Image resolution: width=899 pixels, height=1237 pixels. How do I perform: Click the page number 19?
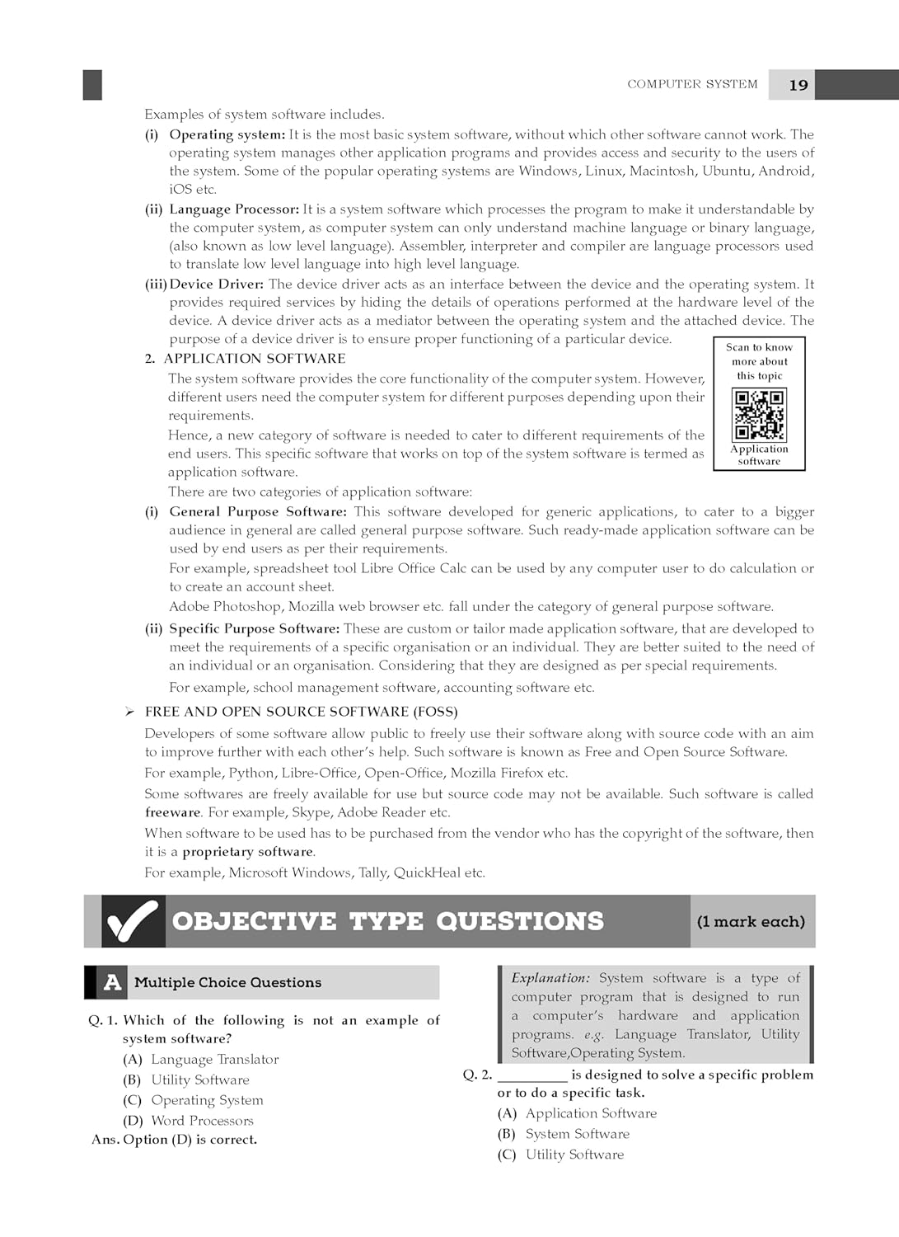(x=798, y=85)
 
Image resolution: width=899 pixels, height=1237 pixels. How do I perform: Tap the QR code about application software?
(x=759, y=415)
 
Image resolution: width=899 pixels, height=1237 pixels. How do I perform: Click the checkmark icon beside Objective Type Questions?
(x=131, y=921)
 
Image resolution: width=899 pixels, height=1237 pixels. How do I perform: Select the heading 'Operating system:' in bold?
(x=227, y=134)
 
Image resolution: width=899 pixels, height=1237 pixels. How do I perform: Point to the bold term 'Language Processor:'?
(x=234, y=209)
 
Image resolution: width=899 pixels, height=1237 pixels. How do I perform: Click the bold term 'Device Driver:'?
(x=217, y=284)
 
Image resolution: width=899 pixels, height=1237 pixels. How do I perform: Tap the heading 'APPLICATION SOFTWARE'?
(x=254, y=359)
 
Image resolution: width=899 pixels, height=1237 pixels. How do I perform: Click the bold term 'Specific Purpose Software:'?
(x=254, y=628)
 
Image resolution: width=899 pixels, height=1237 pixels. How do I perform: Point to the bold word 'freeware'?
(x=173, y=812)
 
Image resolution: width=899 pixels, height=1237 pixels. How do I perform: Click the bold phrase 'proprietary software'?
(x=247, y=852)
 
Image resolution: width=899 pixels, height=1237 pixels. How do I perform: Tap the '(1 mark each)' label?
(x=751, y=922)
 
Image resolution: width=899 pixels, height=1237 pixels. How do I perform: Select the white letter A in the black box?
(x=112, y=982)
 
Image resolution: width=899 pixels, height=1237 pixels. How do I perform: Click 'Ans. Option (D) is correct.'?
(x=175, y=1140)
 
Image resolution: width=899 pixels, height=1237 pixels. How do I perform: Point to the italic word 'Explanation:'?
(x=550, y=978)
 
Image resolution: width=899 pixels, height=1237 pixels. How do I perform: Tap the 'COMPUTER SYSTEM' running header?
(x=692, y=84)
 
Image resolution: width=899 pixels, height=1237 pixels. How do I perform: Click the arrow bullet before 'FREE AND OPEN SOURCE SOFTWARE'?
(x=129, y=712)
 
